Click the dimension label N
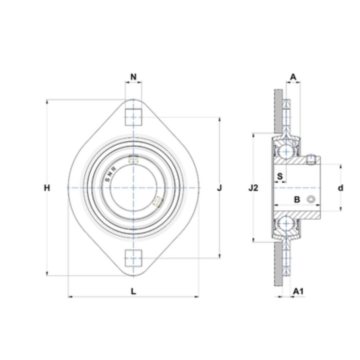pyautogui.click(x=133, y=76)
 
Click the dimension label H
pyautogui.click(x=47, y=188)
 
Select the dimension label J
pyautogui.click(x=219, y=188)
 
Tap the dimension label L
pyautogui.click(x=133, y=291)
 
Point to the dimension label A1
pyautogui.click(x=298, y=291)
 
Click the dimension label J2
pyautogui.click(x=253, y=188)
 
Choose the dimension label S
pyautogui.click(x=280, y=176)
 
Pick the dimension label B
pyautogui.click(x=297, y=199)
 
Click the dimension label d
pyautogui.click(x=340, y=188)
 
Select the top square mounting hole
pyautogui.click(x=133, y=117)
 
